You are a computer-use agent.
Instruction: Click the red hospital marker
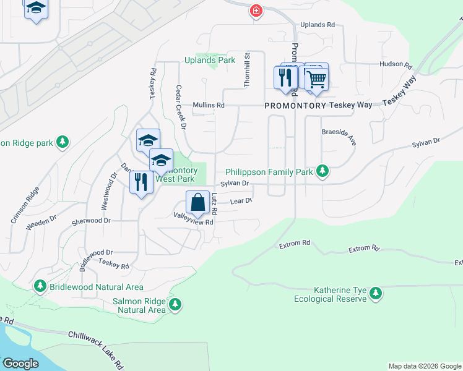[256, 11]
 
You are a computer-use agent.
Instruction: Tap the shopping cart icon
[316, 79]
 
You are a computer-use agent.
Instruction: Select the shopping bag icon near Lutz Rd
[197, 203]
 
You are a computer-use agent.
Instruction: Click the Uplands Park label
[210, 61]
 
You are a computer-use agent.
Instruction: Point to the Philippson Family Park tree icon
[322, 171]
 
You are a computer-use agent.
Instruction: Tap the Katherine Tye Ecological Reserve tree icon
[375, 295]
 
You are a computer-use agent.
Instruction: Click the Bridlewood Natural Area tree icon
[41, 287]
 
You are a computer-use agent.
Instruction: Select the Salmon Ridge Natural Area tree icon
[175, 304]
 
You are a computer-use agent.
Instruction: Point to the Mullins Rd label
[208, 106]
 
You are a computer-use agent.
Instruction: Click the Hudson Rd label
[396, 64]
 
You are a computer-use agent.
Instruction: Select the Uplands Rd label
[317, 25]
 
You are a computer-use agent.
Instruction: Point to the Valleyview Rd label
[193, 218]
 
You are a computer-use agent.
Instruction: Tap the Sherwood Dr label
[91, 221]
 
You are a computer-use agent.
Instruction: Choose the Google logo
[21, 364]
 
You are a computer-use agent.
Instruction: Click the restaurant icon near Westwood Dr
[142, 182]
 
